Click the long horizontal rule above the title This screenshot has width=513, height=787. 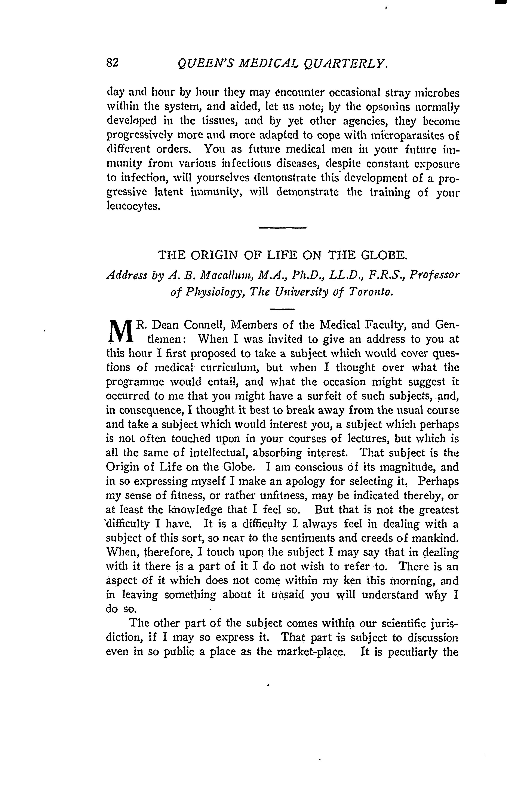283,228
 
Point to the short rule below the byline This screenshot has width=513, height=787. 282,309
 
